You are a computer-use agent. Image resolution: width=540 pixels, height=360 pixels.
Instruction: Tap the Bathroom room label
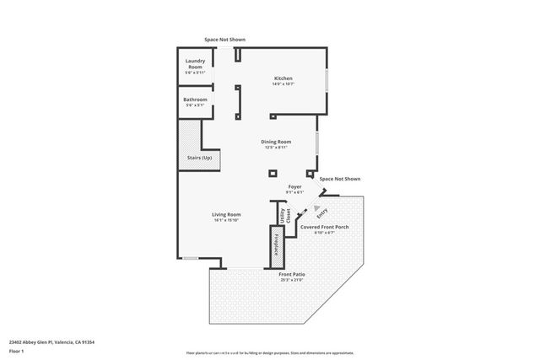[x=195, y=99]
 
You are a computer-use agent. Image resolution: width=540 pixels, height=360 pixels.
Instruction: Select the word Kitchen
[x=283, y=78]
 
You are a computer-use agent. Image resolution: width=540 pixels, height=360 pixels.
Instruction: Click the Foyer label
[x=294, y=185]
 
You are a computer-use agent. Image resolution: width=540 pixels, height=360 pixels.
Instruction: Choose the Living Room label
[x=226, y=214]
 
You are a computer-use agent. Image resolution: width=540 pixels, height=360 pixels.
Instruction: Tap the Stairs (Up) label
[x=199, y=158]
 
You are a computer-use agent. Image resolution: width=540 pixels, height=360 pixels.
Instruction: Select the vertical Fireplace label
[x=274, y=243]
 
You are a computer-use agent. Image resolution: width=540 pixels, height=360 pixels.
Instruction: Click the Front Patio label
[x=292, y=274]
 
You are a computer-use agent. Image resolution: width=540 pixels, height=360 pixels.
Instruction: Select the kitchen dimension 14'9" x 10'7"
[x=283, y=84]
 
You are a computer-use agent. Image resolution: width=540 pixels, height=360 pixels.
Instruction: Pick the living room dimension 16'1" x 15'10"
[x=226, y=220]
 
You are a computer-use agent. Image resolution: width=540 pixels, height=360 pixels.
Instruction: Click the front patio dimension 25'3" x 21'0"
[x=292, y=280]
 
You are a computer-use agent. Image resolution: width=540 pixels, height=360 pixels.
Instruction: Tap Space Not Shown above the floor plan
[x=225, y=39]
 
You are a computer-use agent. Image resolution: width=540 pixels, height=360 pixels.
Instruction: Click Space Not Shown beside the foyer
[x=339, y=179]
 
